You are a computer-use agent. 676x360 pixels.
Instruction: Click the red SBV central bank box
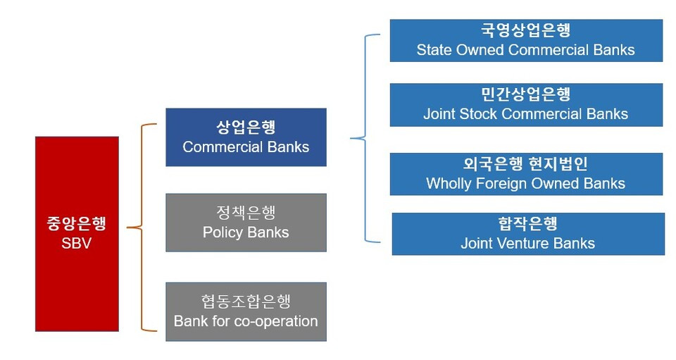(x=77, y=234)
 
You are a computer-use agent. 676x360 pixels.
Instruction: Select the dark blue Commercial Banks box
(x=246, y=137)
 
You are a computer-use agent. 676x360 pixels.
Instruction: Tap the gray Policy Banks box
(x=246, y=223)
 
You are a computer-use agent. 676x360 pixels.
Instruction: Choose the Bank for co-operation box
(x=246, y=311)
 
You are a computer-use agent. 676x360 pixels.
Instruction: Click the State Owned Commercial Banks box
(x=526, y=41)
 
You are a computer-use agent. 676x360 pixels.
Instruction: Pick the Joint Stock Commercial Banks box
(x=526, y=105)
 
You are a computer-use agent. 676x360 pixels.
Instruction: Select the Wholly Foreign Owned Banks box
(x=526, y=174)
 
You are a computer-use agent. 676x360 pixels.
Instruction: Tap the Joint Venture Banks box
(x=528, y=234)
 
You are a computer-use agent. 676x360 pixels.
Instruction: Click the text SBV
(x=76, y=243)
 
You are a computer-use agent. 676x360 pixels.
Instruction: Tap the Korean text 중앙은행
(x=76, y=223)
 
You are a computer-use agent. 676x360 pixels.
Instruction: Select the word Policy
(x=223, y=232)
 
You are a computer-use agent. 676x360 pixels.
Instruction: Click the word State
(x=434, y=49)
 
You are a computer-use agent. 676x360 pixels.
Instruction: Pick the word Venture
(x=523, y=243)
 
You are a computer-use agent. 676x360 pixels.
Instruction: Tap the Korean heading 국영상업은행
(x=526, y=30)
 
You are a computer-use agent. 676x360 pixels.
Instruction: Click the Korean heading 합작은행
(x=528, y=223)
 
